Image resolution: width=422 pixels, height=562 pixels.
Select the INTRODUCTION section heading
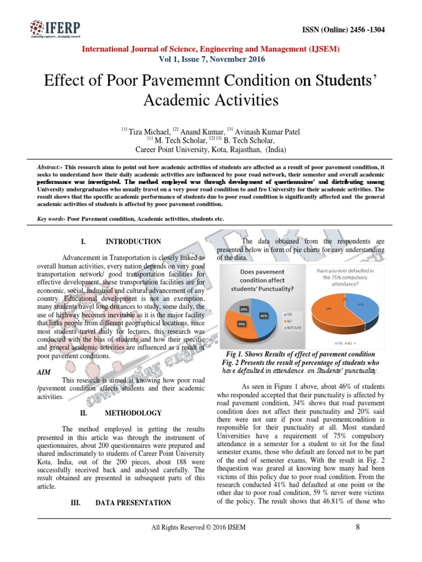point(141,241)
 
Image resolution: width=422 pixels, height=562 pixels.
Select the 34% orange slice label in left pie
point(241,324)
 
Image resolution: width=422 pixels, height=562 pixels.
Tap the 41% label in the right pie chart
point(361,304)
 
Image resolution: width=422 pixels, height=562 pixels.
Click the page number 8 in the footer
point(358,527)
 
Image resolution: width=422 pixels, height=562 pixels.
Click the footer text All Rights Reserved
point(181,528)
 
